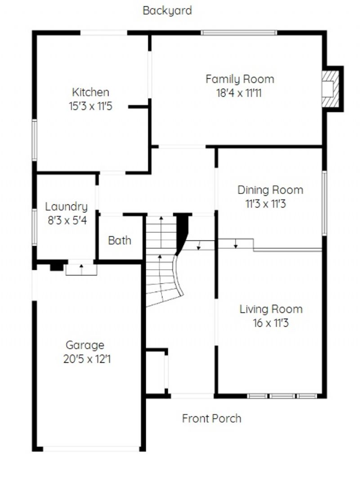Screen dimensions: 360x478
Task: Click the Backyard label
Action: tap(167, 11)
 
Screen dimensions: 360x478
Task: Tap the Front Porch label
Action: tap(211, 418)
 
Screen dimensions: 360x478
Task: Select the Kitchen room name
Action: tap(90, 92)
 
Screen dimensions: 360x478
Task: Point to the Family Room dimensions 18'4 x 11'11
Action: tap(239, 93)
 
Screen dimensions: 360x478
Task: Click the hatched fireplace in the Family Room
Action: tap(330, 89)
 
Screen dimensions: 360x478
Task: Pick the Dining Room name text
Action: tap(270, 190)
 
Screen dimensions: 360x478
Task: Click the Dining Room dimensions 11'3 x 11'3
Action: tap(266, 203)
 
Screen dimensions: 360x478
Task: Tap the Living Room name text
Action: tap(271, 309)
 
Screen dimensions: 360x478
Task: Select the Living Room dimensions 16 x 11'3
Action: tap(270, 323)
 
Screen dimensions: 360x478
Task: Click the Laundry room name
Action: tap(66, 207)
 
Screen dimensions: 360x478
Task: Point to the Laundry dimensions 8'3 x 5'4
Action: tap(67, 220)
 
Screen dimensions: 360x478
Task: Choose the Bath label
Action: tap(120, 240)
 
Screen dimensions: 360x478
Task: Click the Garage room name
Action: tap(85, 345)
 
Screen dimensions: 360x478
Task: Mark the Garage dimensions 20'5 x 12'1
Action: tap(87, 359)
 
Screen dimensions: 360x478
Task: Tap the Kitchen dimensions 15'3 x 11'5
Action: tap(90, 106)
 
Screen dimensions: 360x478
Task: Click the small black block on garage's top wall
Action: tap(57, 267)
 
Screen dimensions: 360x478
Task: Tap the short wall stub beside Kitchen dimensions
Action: tap(139, 107)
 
